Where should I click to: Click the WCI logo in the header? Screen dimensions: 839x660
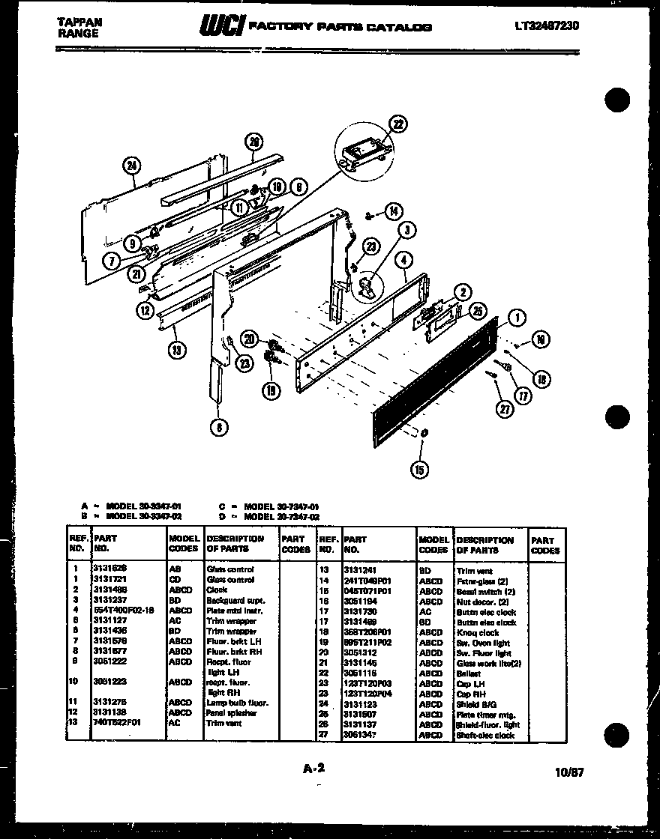pyautogui.click(x=220, y=26)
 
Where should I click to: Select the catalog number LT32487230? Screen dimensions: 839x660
pyautogui.click(x=546, y=25)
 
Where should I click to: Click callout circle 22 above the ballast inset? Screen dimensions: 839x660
pyautogui.click(x=398, y=125)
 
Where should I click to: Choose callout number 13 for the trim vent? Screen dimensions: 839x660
pyautogui.click(x=177, y=348)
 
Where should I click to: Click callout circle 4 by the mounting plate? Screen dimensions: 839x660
pyautogui.click(x=404, y=261)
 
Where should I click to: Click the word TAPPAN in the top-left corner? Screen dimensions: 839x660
pyautogui.click(x=79, y=22)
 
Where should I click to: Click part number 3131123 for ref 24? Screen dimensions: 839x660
pyautogui.click(x=361, y=704)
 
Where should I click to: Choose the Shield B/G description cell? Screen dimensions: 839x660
pyautogui.click(x=475, y=704)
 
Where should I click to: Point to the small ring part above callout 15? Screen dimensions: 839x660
pyautogui.click(x=424, y=434)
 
